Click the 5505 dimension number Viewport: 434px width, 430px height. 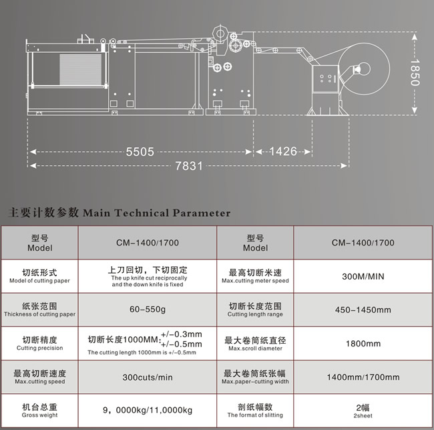coord(140,152)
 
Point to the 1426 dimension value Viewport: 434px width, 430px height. coord(283,151)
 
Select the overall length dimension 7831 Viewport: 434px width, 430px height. coord(189,166)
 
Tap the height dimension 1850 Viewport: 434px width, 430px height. coord(415,72)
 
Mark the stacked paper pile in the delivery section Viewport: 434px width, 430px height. coord(81,70)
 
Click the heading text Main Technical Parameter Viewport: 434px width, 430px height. coord(157,213)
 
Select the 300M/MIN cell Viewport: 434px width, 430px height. coord(363,276)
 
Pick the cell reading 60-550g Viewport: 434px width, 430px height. coord(148,309)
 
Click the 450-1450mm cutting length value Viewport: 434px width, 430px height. coord(363,310)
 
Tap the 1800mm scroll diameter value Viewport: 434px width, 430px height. coord(363,344)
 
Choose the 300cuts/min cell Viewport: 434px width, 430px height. coord(148,377)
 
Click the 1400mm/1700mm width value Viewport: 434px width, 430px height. coord(363,377)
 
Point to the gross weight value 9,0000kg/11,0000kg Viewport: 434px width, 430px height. coord(148,410)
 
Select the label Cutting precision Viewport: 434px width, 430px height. coord(39,348)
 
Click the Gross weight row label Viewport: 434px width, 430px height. coord(39,415)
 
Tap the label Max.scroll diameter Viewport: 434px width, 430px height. coord(255,348)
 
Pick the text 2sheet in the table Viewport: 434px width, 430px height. coord(363,415)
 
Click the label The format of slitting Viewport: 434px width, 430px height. coord(255,415)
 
